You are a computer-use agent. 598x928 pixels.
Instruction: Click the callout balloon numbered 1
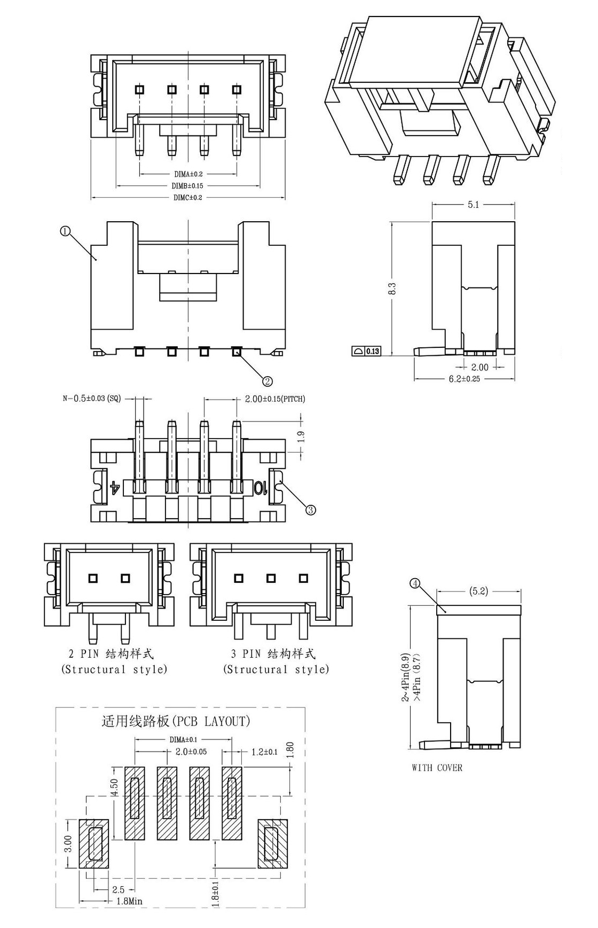(64, 231)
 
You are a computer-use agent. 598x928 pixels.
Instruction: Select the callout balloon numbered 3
(310, 510)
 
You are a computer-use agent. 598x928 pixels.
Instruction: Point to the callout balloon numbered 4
(415, 583)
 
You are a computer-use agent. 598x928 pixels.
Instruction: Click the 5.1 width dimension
(473, 205)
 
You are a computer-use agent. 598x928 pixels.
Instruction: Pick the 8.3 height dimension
(392, 288)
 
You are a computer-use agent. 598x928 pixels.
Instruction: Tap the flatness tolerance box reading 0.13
(366, 351)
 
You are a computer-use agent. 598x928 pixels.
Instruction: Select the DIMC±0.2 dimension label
(188, 197)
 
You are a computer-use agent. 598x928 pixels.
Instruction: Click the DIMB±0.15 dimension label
(188, 185)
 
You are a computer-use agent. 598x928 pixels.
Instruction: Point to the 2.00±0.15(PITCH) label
(275, 399)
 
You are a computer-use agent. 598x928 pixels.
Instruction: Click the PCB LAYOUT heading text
(176, 721)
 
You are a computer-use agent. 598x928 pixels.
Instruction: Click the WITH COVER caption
(437, 768)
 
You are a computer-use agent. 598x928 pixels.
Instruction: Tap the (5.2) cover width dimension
(478, 591)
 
